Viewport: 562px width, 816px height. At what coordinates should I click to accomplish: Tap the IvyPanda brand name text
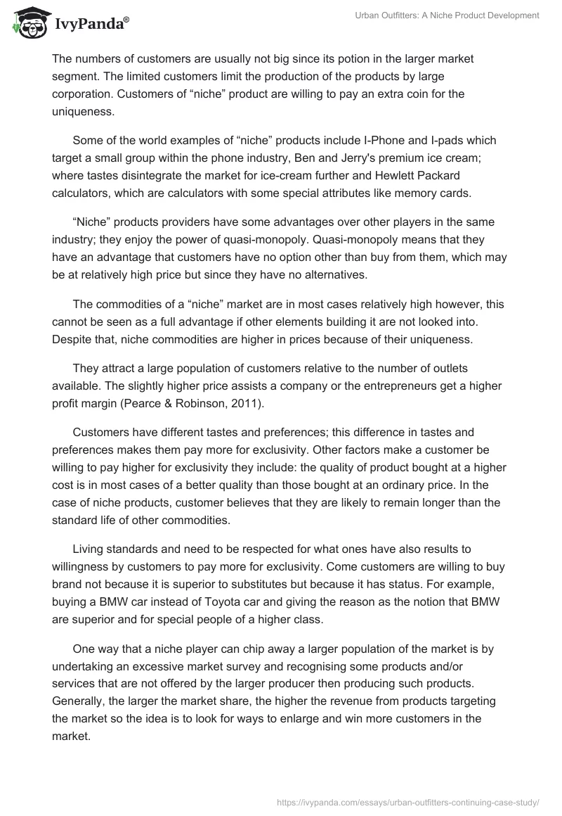[89, 25]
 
